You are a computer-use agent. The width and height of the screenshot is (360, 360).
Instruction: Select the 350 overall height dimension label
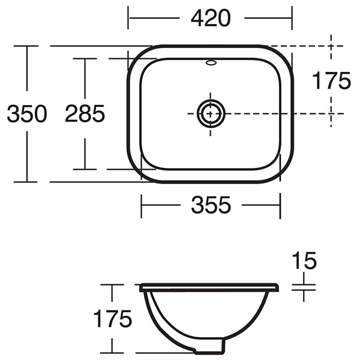pos(27,113)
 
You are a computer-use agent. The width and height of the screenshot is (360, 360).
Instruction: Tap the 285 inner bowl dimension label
pos(85,113)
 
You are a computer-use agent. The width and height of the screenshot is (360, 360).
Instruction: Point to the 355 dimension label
pos(211,205)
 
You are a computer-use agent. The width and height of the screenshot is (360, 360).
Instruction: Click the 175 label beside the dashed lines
pos(331,80)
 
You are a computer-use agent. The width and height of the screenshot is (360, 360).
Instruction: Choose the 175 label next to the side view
pos(112,319)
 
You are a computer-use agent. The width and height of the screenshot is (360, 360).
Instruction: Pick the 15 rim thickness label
pos(304,261)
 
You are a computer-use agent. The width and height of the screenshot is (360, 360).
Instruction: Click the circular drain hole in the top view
pos(211,113)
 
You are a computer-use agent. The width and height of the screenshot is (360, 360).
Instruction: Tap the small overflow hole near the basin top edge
pos(211,62)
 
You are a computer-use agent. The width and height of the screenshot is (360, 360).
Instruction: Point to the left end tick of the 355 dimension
pos(142,205)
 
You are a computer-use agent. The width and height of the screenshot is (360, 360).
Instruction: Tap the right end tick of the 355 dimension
pos(280,205)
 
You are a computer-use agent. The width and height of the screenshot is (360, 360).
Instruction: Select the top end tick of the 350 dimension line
pos(27,46)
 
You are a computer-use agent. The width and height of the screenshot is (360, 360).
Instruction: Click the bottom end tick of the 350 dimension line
pos(27,181)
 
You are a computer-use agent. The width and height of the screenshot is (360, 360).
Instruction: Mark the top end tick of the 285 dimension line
pos(85,59)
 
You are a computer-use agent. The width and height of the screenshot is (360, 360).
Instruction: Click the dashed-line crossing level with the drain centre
pos(331,113)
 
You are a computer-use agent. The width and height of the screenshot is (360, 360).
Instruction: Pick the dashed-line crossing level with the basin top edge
pos(331,46)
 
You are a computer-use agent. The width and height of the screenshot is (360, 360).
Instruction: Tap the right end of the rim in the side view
pos(278,288)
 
